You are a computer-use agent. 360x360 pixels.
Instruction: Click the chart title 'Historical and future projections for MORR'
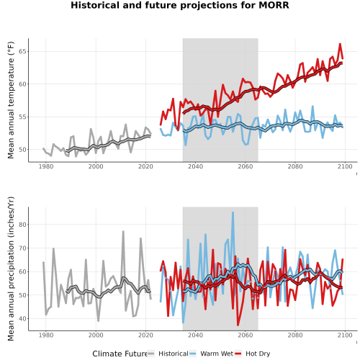(x=180, y=5)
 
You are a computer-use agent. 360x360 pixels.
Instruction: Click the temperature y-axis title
(x=11, y=100)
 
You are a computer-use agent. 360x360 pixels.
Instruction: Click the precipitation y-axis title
(x=11, y=269)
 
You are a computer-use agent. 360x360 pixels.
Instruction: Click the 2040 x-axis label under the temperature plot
(x=195, y=166)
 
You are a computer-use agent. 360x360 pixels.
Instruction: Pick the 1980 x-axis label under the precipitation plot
(x=46, y=335)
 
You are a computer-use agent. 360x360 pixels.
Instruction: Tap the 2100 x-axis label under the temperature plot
(x=345, y=166)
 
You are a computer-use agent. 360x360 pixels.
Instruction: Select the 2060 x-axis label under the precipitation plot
(x=246, y=335)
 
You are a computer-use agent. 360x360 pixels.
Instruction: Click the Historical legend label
(x=174, y=354)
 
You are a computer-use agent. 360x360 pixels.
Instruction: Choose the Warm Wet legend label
(x=217, y=354)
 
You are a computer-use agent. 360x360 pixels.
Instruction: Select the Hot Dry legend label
(x=258, y=354)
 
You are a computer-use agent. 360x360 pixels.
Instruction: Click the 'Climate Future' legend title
(x=120, y=354)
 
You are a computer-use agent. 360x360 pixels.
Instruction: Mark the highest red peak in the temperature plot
(x=340, y=44)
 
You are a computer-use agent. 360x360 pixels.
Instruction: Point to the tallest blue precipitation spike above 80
(x=233, y=212)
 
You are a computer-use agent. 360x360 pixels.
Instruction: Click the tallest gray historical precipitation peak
(x=123, y=231)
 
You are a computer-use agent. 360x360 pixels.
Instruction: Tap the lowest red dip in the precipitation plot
(x=238, y=325)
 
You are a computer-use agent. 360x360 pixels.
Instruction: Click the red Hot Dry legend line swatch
(x=238, y=354)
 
